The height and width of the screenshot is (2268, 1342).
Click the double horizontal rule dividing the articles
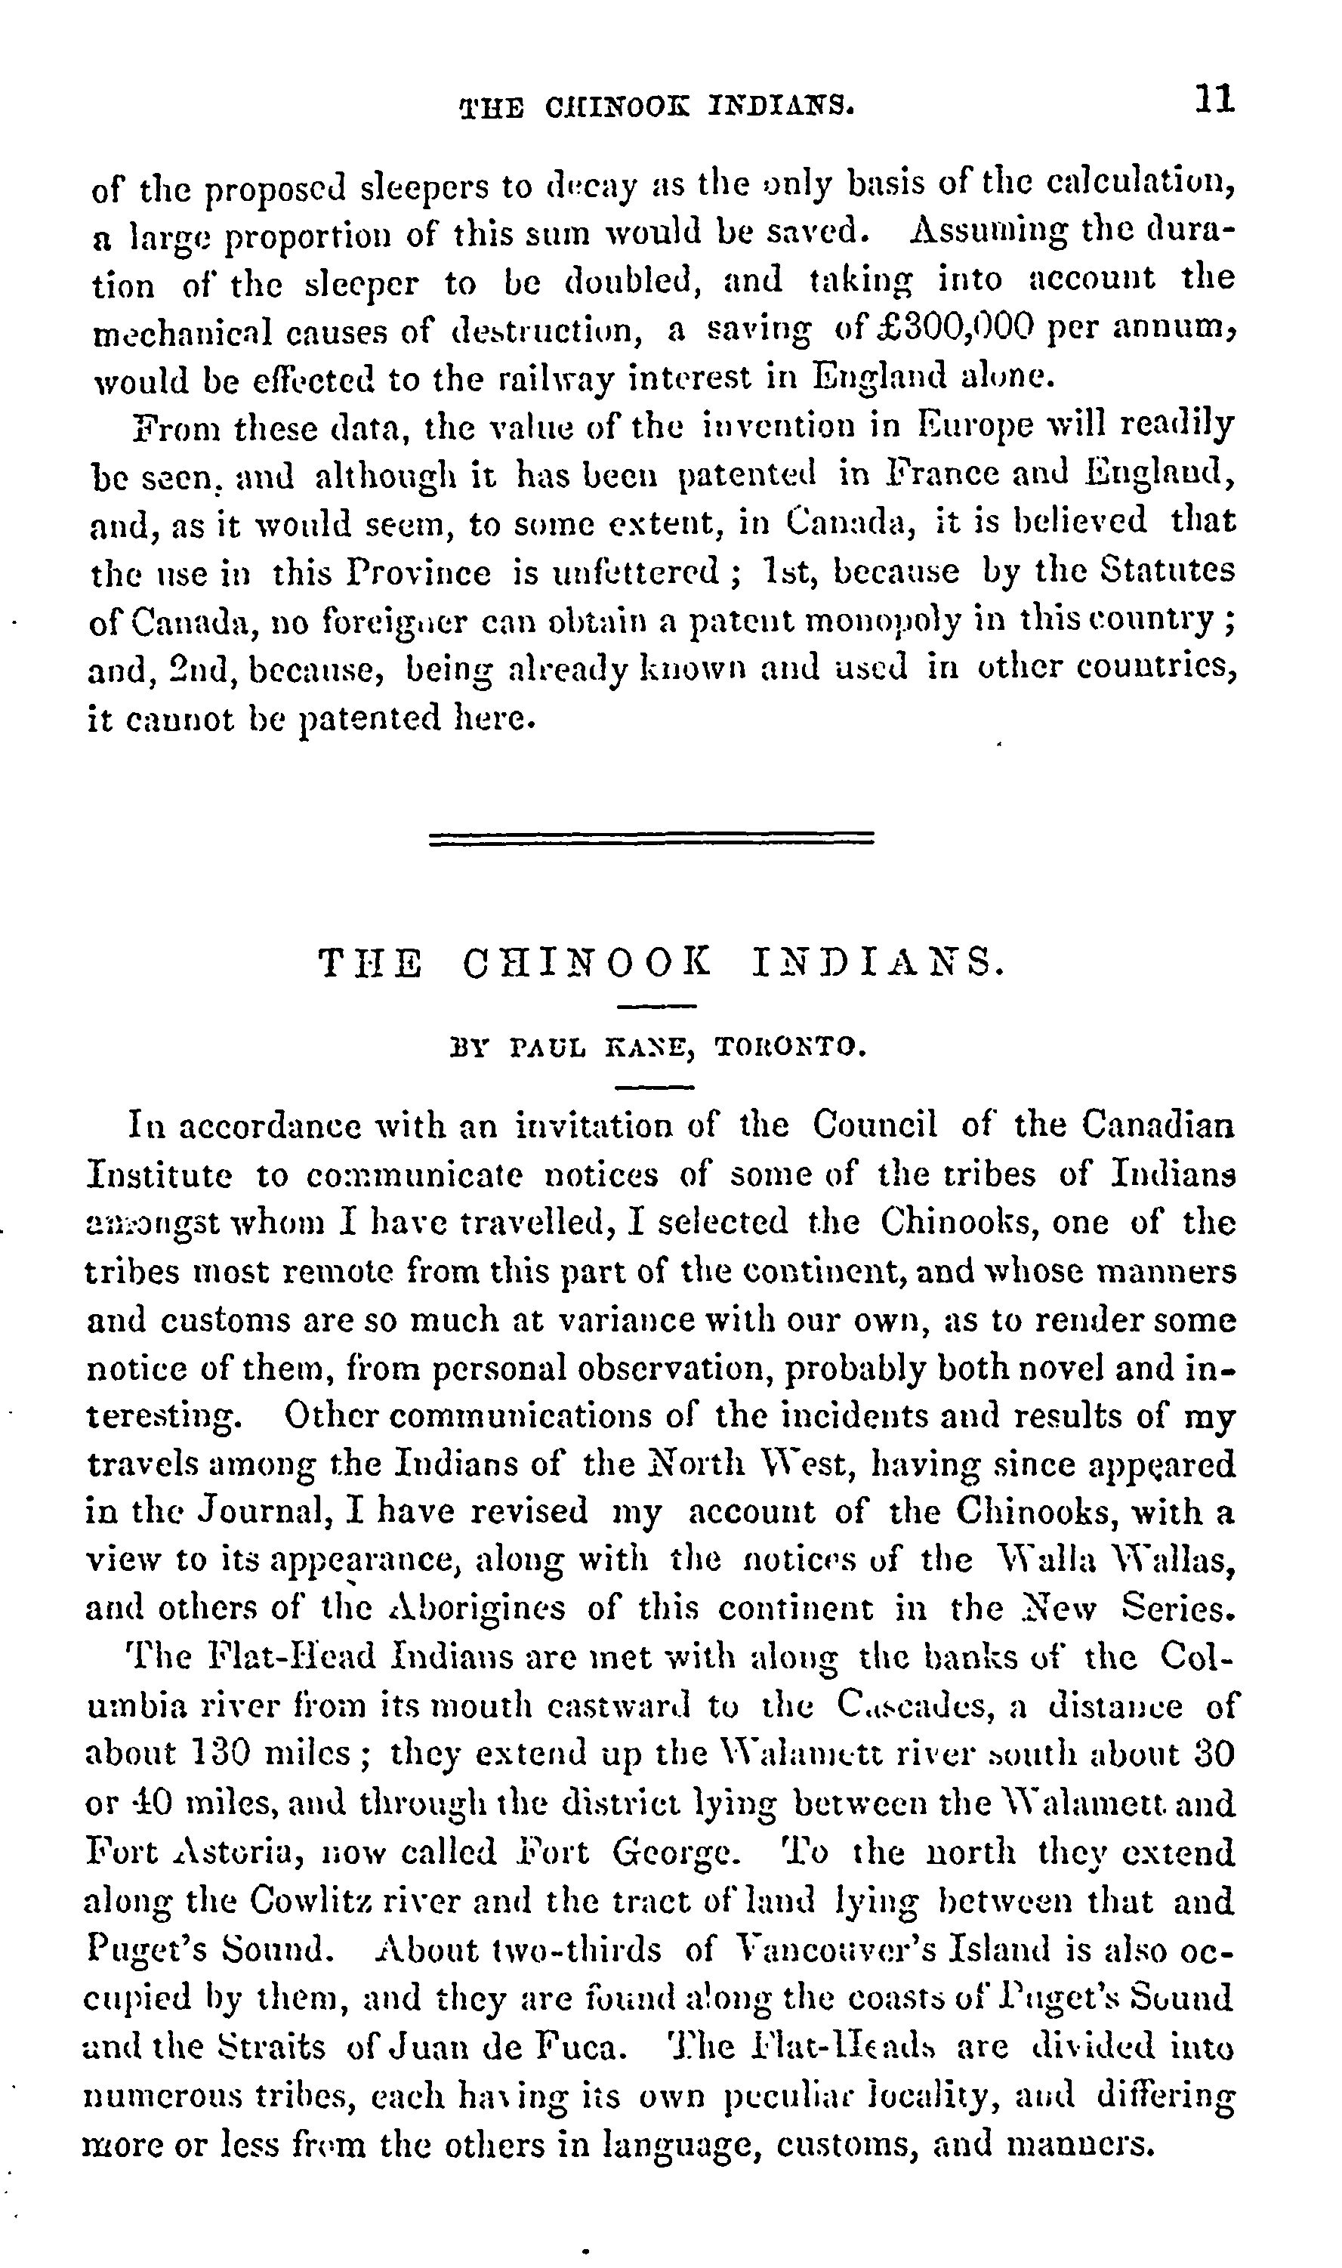[651, 838]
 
